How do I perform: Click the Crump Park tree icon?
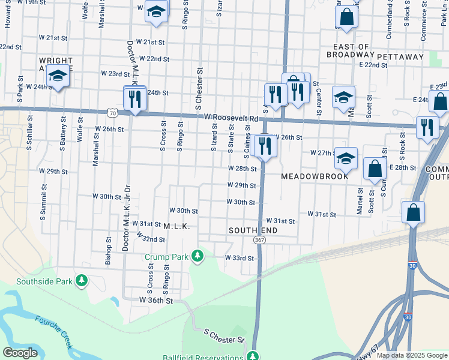coord(197,257)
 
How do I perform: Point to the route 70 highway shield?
coord(112,112)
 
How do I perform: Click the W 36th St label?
coord(156,299)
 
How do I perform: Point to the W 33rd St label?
coord(240,258)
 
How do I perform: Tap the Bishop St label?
coord(109,250)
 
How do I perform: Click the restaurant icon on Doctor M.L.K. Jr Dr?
coord(135,98)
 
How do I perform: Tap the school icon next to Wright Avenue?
coord(58,76)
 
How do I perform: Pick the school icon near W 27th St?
coord(346,158)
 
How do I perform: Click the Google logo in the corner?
coord(20,353)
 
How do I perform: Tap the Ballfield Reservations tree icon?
coord(253,356)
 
